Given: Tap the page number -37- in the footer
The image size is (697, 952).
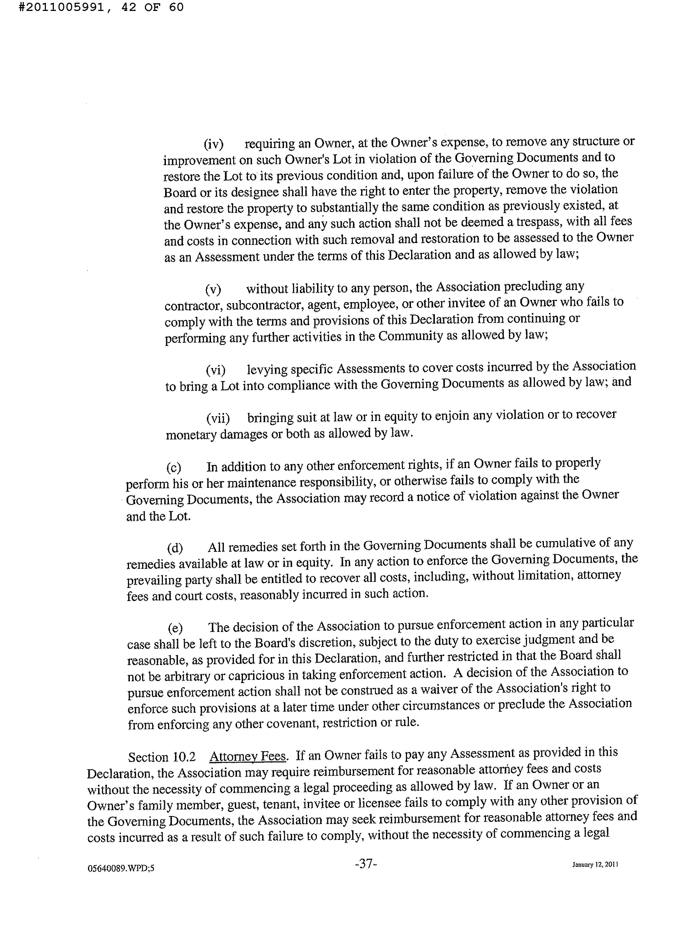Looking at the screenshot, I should click(x=366, y=864).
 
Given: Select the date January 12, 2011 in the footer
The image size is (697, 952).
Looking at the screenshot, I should click(x=595, y=864).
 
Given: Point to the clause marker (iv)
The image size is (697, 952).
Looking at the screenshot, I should click(x=213, y=144).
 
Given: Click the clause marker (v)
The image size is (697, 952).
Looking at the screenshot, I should click(x=213, y=289).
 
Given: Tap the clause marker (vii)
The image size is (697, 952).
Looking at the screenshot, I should click(x=218, y=418).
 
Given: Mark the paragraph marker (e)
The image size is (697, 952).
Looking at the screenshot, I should click(x=175, y=628).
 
